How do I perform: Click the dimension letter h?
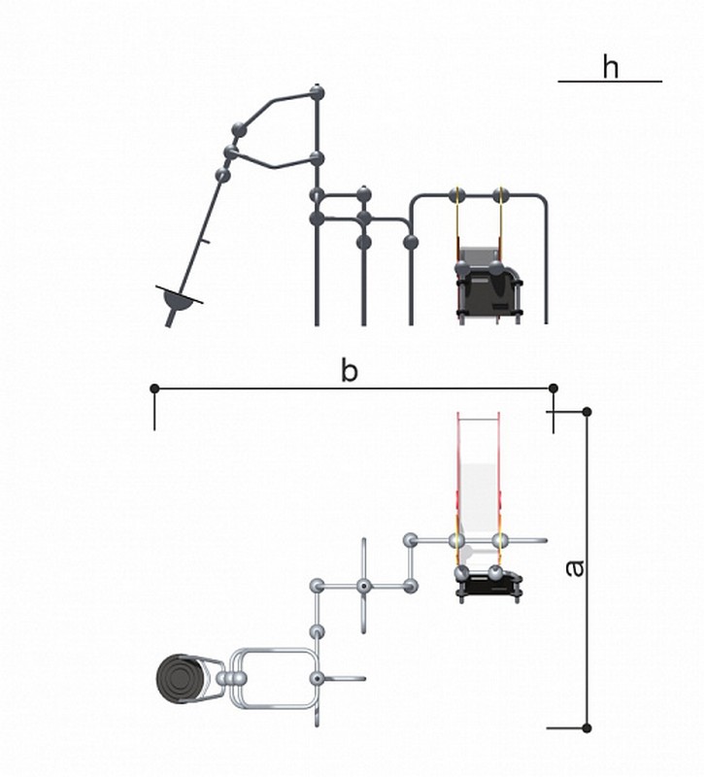tap(611, 67)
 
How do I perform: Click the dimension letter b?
tap(350, 371)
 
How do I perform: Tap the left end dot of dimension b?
tap(154, 388)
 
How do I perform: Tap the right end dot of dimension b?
tap(553, 388)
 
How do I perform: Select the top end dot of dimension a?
tap(587, 412)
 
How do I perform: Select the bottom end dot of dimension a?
tap(587, 727)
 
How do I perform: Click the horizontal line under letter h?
tap(610, 82)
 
